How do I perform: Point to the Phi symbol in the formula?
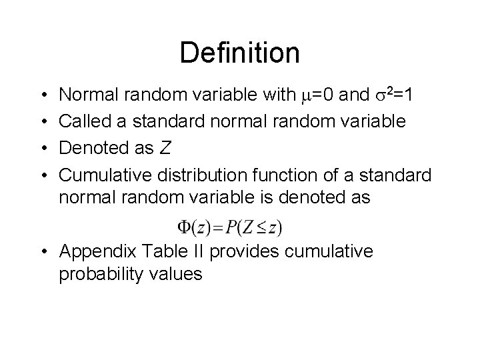pos(185,227)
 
